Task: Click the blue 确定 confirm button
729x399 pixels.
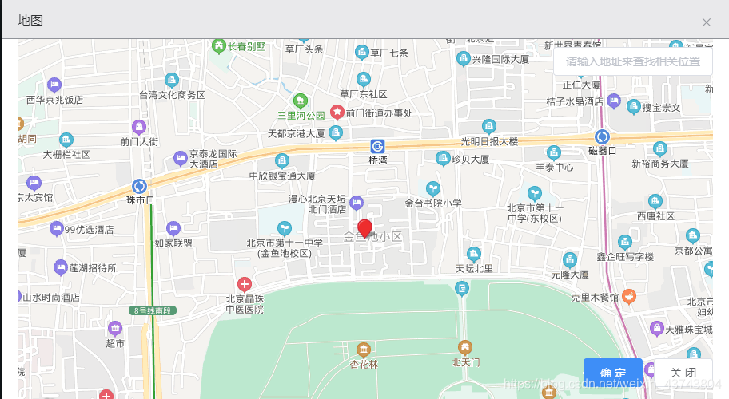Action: click(x=612, y=373)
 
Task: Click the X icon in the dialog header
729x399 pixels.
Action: click(x=707, y=22)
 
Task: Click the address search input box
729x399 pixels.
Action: click(x=632, y=61)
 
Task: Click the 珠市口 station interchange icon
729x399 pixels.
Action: click(x=140, y=186)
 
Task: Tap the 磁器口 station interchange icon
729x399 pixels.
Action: click(x=602, y=136)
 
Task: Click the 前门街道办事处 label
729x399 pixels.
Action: click(x=379, y=113)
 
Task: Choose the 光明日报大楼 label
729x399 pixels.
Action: click(x=489, y=141)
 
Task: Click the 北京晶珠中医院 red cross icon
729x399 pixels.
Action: click(x=245, y=283)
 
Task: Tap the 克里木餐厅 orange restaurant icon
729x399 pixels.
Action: click(x=629, y=297)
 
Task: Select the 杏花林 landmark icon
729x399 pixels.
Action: click(x=364, y=350)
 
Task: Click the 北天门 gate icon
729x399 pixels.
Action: click(x=464, y=347)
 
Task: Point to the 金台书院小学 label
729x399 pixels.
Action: click(x=433, y=203)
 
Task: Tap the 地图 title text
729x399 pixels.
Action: click(x=30, y=21)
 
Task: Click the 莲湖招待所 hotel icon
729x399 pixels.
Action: click(x=61, y=267)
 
